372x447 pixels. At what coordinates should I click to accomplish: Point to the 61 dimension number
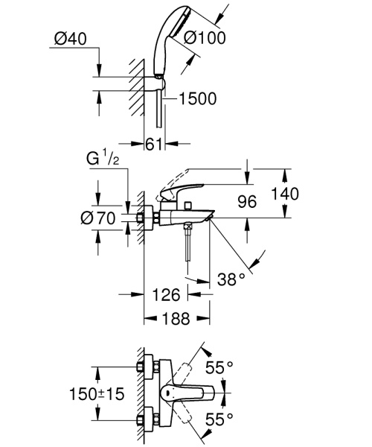(154, 144)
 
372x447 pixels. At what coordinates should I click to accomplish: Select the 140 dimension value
(285, 194)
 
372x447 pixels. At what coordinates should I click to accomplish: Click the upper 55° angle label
(219, 367)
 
